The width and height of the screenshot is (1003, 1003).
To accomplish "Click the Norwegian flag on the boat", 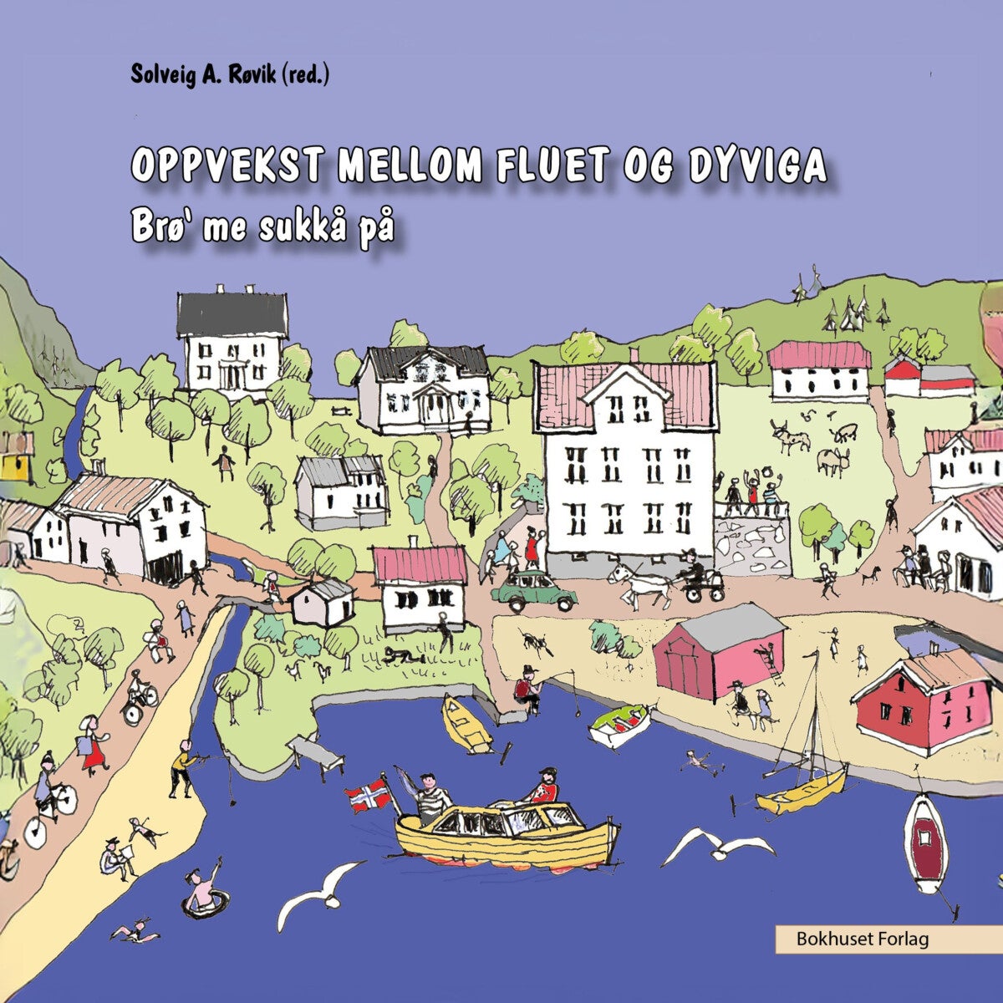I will tap(368, 797).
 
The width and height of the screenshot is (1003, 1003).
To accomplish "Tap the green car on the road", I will tap(534, 591).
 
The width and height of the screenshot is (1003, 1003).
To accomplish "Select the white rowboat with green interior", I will tap(620, 725).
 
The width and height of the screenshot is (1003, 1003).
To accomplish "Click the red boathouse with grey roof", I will tap(718, 653).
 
